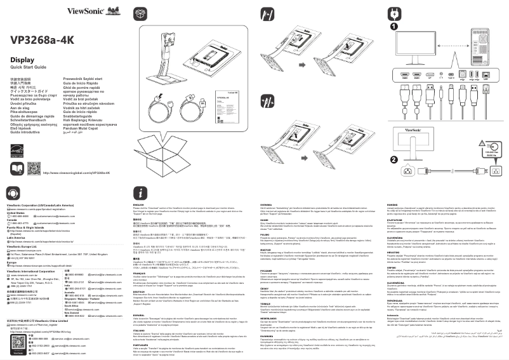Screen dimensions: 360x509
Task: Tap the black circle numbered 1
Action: click(x=394, y=27)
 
